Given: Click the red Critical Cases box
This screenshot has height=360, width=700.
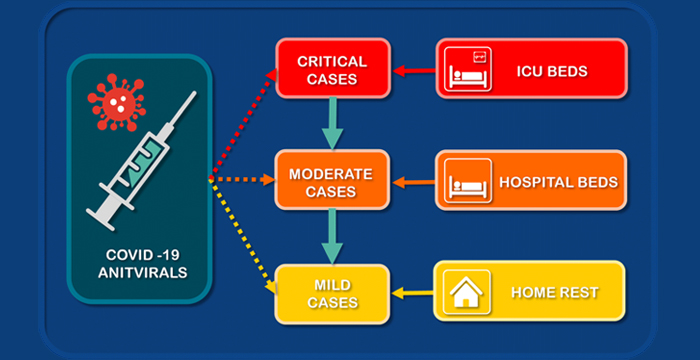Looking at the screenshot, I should click(x=333, y=70).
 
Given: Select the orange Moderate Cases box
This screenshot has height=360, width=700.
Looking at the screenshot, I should click(x=331, y=182).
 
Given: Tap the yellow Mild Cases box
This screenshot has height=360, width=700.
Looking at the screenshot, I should click(x=333, y=293).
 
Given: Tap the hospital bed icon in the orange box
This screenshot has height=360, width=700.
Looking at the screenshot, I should click(x=468, y=181).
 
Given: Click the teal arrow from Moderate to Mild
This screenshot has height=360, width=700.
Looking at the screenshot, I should click(x=331, y=238).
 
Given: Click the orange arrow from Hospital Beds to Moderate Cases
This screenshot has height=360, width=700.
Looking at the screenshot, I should click(x=412, y=182).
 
